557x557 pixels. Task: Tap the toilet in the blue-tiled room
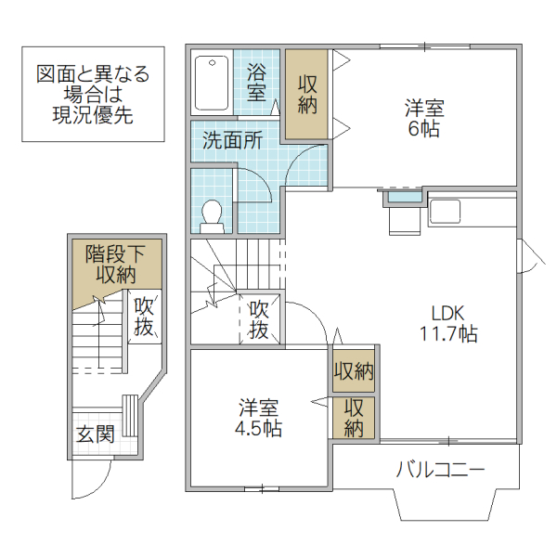coord(213,214)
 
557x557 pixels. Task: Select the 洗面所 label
coord(232,141)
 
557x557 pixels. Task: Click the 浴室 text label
coord(257,82)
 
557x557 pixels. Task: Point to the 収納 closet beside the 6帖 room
coord(307,94)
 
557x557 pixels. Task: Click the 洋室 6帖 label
coord(423,118)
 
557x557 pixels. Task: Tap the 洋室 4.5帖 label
coord(259,419)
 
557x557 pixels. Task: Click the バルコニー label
coord(441,469)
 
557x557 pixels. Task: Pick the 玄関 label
coord(95,434)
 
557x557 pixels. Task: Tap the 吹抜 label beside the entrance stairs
coord(144,316)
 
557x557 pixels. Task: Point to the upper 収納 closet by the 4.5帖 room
coord(354,371)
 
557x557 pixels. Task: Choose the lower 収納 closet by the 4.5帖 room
coord(354,417)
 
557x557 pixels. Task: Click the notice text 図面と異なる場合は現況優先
coord(93,95)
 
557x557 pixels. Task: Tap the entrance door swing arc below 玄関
coord(91,478)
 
